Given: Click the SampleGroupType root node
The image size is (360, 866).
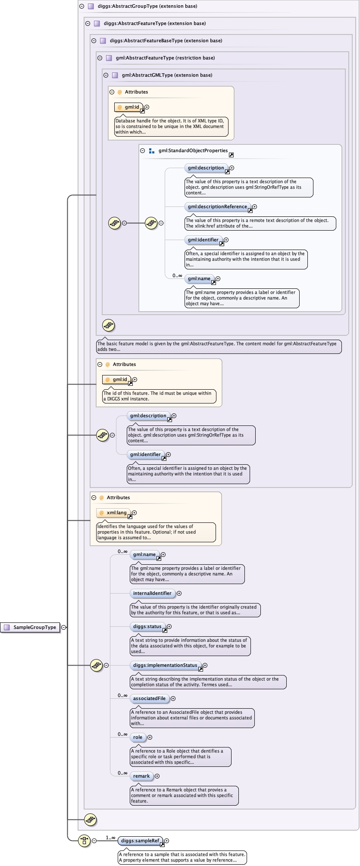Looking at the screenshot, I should (31, 627).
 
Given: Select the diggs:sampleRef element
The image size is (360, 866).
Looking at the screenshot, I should (140, 840).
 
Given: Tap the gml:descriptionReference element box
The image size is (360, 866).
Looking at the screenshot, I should (217, 206).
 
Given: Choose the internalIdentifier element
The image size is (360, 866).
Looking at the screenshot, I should (152, 593).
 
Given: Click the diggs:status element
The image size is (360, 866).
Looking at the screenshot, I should (147, 626).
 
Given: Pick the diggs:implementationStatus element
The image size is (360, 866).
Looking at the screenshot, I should (165, 665).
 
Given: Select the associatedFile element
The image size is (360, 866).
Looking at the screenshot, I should (149, 698).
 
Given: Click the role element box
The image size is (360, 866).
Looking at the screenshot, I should (138, 737).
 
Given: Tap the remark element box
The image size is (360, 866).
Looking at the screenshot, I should (141, 776).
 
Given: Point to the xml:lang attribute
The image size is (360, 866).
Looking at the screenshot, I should (116, 513).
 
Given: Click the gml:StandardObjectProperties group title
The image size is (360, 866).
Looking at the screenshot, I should (193, 150).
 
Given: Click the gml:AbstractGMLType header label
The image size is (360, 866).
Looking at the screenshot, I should (167, 75).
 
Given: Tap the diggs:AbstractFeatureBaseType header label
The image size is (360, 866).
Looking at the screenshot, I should (166, 41).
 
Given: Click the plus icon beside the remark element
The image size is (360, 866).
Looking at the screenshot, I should (157, 776).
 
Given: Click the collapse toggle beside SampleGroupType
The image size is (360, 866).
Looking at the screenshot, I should (64, 627).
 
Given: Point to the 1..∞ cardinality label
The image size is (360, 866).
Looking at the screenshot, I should (110, 838).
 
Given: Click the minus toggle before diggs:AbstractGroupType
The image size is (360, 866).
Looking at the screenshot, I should (81, 6).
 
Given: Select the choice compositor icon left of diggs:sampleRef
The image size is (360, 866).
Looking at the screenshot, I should (84, 840).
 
